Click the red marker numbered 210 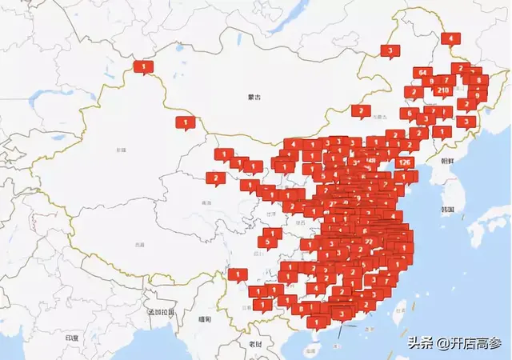[x=443, y=90]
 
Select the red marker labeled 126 [x=405, y=162]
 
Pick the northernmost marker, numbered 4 [x=450, y=38]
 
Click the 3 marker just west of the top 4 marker [x=390, y=50]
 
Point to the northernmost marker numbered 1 [x=143, y=66]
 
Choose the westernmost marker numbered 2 [x=214, y=178]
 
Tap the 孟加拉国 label [x=159, y=311]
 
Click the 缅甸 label [x=206, y=319]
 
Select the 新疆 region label [x=122, y=150]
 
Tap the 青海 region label [x=206, y=203]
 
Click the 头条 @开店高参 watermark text [x=453, y=343]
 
